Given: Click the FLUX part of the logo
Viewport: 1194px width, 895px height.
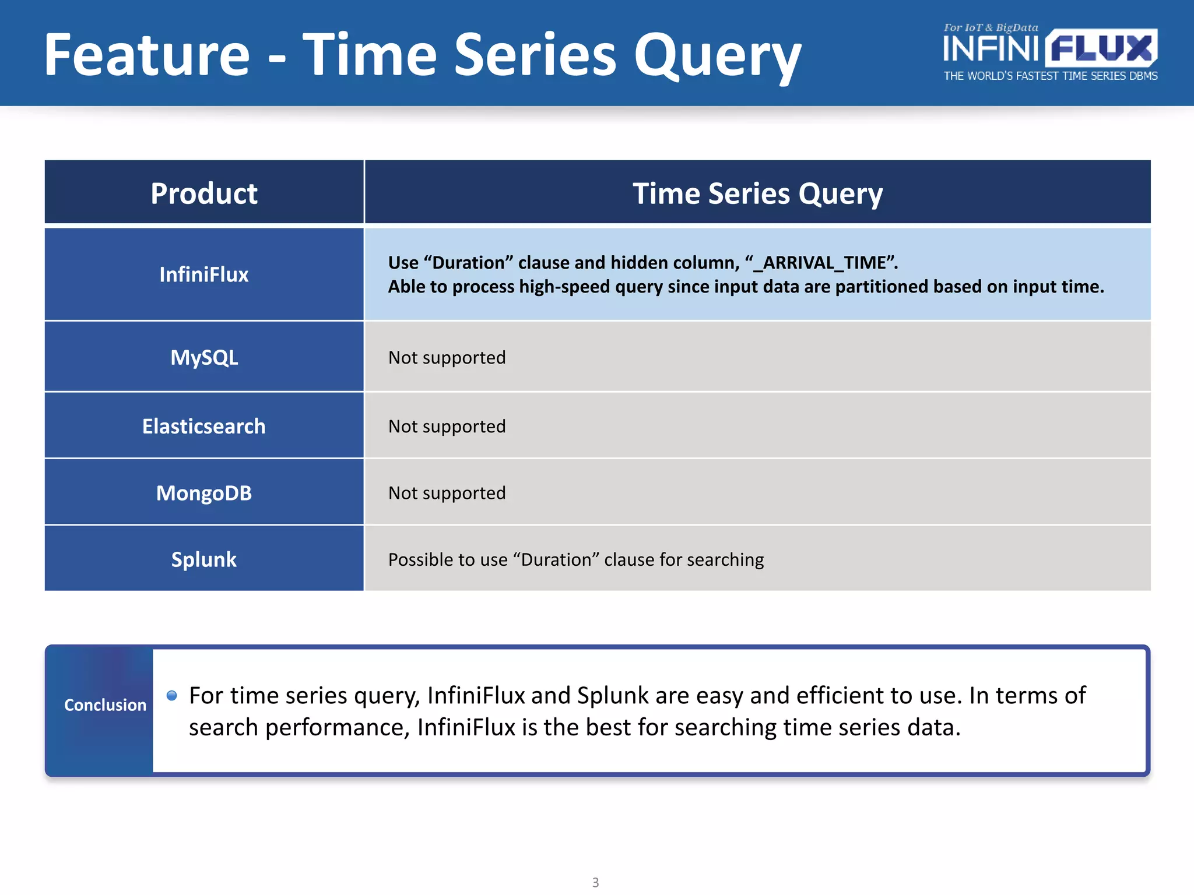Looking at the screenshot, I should pyautogui.click(x=1101, y=48).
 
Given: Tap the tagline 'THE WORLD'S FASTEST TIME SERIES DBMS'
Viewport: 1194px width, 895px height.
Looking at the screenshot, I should pyautogui.click(x=1050, y=76).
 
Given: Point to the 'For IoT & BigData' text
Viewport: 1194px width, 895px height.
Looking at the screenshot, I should pyautogui.click(x=991, y=27).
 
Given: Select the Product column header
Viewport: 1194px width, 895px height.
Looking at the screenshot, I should pyautogui.click(x=204, y=193).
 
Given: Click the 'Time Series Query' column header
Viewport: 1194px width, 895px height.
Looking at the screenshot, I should pyautogui.click(x=757, y=193).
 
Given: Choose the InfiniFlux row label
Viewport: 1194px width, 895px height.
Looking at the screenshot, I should pyautogui.click(x=204, y=274).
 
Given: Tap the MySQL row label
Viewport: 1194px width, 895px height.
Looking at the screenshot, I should pyautogui.click(x=204, y=357).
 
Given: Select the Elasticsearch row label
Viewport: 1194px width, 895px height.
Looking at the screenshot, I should pyautogui.click(x=204, y=426).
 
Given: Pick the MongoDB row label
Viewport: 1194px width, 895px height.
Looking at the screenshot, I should pyautogui.click(x=204, y=493).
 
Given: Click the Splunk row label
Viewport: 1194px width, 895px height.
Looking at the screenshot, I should pyautogui.click(x=204, y=559).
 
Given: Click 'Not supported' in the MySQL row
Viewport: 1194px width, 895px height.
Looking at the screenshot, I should pyautogui.click(x=447, y=357).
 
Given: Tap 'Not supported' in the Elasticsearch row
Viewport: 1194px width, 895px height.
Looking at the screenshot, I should pyautogui.click(x=447, y=426).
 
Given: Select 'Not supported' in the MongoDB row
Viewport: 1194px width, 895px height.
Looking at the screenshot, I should pyautogui.click(x=447, y=493).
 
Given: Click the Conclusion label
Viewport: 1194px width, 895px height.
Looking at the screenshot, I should pyautogui.click(x=105, y=705).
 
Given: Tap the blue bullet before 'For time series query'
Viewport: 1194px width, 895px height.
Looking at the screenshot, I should pyautogui.click(x=171, y=695).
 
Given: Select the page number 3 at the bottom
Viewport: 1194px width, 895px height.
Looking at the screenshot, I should pyautogui.click(x=595, y=882).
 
